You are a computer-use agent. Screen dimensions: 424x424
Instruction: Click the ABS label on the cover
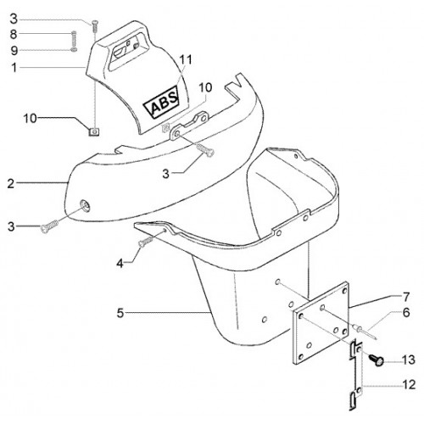coord(161,102)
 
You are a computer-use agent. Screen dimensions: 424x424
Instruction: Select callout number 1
coord(14,68)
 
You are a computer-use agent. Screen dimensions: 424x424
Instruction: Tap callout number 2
coord(11,184)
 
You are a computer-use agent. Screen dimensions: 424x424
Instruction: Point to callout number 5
coord(120,313)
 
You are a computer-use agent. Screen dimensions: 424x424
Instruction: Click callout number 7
coord(406,297)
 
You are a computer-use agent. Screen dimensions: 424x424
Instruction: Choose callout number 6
coord(406,313)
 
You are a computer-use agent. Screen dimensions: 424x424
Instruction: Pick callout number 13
coord(408,360)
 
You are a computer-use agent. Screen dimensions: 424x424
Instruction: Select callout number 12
coord(408,385)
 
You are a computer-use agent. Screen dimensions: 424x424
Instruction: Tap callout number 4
coord(120,264)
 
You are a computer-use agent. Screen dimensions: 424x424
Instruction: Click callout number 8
coord(14,35)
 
